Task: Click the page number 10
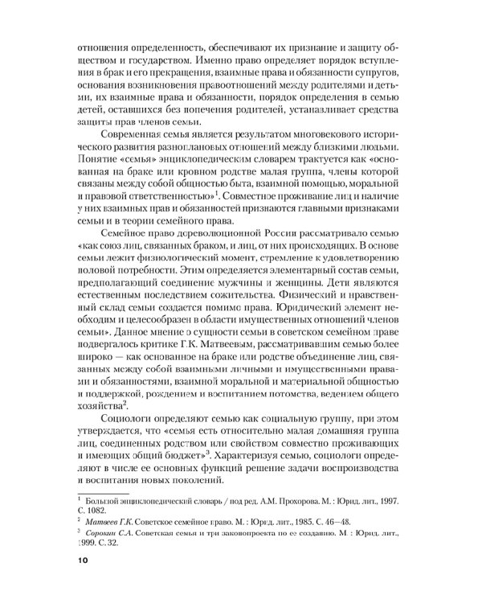tap(82, 560)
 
